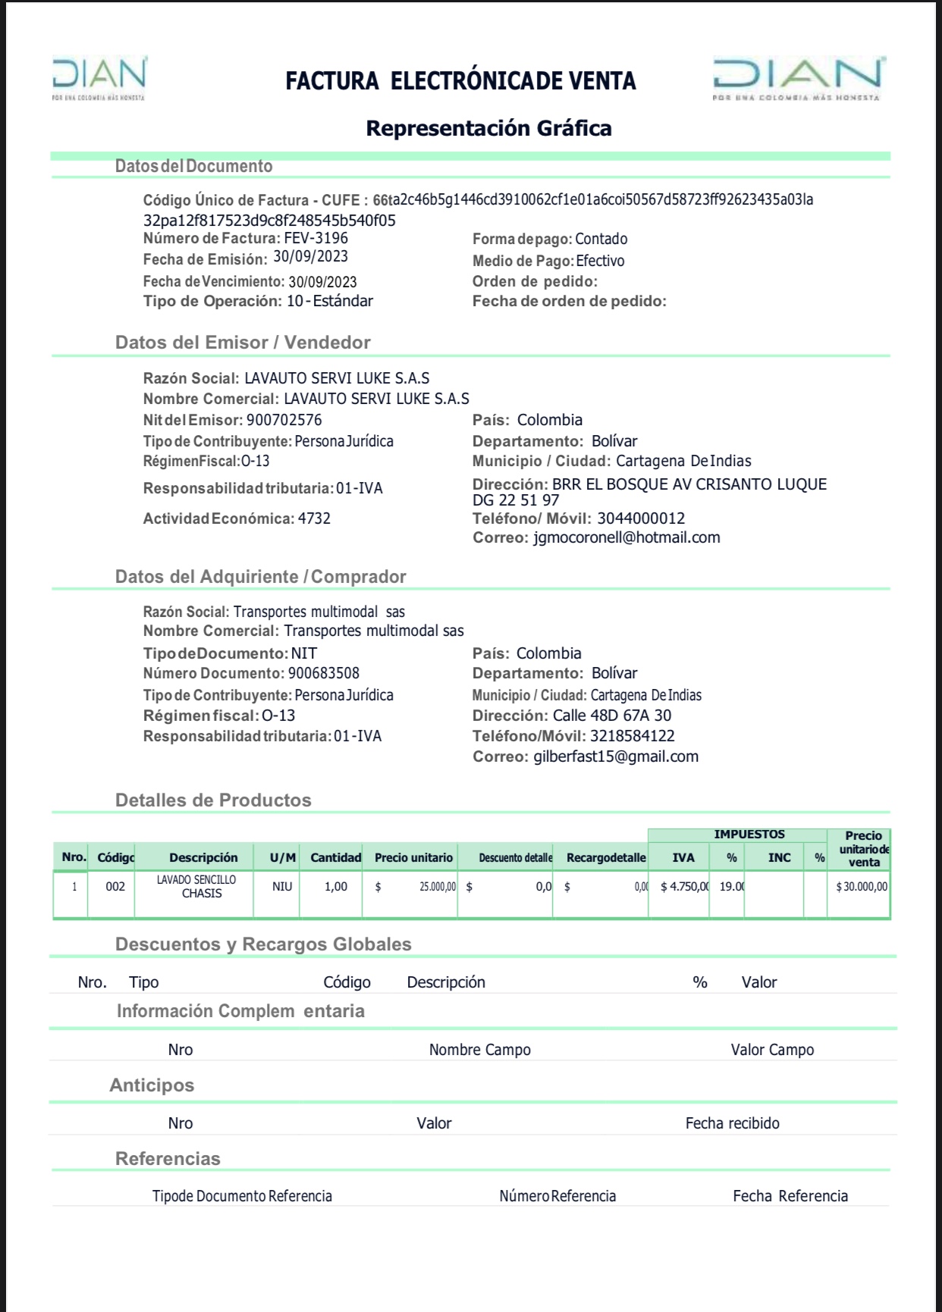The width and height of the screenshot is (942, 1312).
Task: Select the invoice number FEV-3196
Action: click(316, 238)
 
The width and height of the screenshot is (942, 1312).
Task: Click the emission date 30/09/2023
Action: click(310, 257)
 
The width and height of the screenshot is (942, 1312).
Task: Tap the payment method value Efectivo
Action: click(600, 261)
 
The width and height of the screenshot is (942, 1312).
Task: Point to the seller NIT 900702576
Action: click(284, 420)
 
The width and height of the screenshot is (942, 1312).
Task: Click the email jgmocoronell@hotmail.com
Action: click(626, 537)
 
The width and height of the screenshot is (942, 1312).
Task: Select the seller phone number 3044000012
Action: click(641, 518)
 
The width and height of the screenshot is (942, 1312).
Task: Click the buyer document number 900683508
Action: click(323, 673)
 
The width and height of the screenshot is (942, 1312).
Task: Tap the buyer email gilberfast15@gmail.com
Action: click(616, 756)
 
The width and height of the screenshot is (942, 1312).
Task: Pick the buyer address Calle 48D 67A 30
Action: click(611, 715)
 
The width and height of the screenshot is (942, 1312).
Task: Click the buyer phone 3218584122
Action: click(630, 736)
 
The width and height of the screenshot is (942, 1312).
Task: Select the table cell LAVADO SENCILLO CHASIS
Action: click(196, 887)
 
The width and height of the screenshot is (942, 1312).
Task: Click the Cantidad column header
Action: click(335, 857)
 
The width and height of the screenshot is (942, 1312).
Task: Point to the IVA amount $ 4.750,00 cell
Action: click(684, 887)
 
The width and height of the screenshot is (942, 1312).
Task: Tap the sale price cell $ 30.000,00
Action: click(861, 887)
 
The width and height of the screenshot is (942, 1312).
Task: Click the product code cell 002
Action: click(115, 887)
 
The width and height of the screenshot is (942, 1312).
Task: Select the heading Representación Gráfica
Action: click(488, 128)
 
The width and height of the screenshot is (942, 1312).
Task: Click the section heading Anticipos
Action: click(152, 1085)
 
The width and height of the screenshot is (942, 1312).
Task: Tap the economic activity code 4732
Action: click(314, 518)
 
